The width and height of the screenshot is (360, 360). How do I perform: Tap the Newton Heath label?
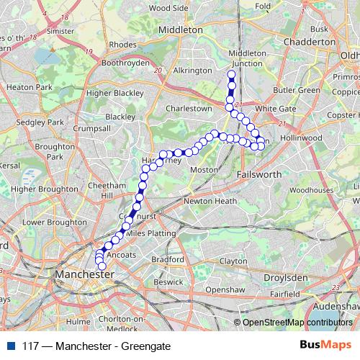pos(211,201)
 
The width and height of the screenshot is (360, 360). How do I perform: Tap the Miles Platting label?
pos(150,234)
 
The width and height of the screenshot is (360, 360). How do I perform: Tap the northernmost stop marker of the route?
pos(231,74)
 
